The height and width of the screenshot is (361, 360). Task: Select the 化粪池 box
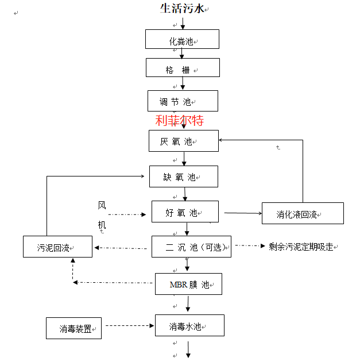(182, 40)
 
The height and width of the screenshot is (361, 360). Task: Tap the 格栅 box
(182, 68)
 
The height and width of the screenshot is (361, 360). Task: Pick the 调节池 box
(183, 101)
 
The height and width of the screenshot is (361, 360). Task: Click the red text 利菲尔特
(180, 121)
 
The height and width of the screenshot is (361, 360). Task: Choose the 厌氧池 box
(184, 141)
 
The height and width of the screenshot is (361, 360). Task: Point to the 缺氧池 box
(183, 176)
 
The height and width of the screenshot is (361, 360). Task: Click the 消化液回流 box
(302, 213)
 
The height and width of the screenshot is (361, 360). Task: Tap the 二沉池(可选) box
(191, 247)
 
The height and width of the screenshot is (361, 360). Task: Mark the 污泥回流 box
(57, 247)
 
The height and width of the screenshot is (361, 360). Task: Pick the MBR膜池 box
(188, 284)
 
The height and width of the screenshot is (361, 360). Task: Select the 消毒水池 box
(189, 326)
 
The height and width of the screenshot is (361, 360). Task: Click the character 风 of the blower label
(102, 205)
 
